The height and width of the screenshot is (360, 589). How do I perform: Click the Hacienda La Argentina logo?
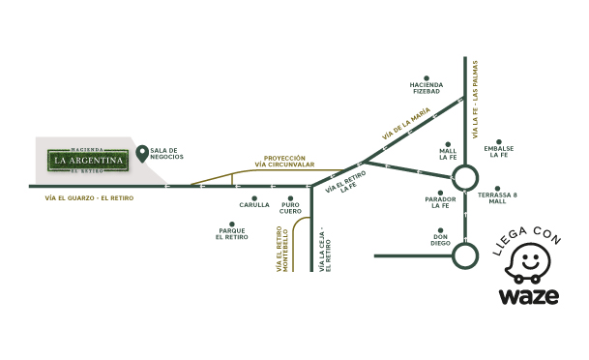pyautogui.click(x=89, y=159)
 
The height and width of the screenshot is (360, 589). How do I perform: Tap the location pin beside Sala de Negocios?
pyautogui.click(x=142, y=153)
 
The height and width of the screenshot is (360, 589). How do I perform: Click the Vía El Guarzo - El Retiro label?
pyautogui.click(x=88, y=198)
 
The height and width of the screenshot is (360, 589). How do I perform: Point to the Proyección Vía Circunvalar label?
pyautogui.click(x=285, y=162)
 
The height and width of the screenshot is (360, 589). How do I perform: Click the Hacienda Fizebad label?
pyautogui.click(x=427, y=88)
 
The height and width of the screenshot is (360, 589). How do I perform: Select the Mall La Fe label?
pyautogui.click(x=448, y=155)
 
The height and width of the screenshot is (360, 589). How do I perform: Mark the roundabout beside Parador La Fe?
pyautogui.click(x=466, y=177)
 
